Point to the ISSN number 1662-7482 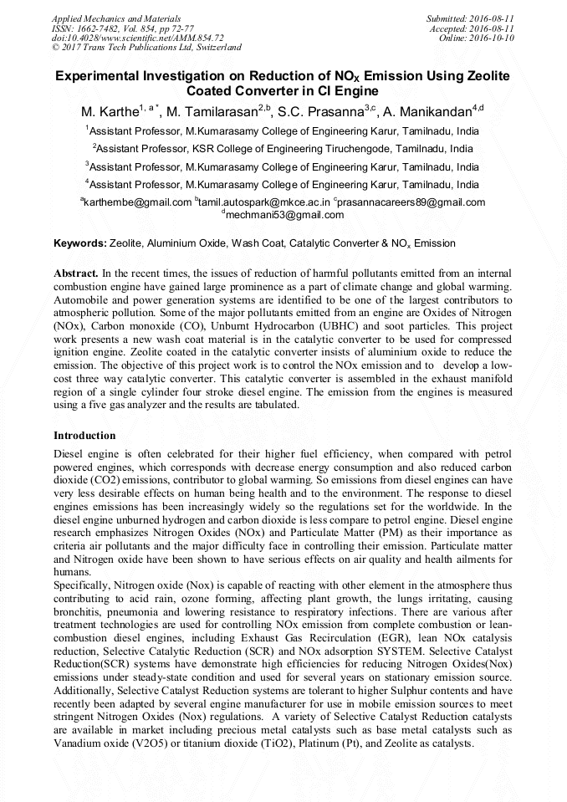(x=100, y=28)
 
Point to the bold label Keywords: (x=80, y=243)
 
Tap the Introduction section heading (x=84, y=436)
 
